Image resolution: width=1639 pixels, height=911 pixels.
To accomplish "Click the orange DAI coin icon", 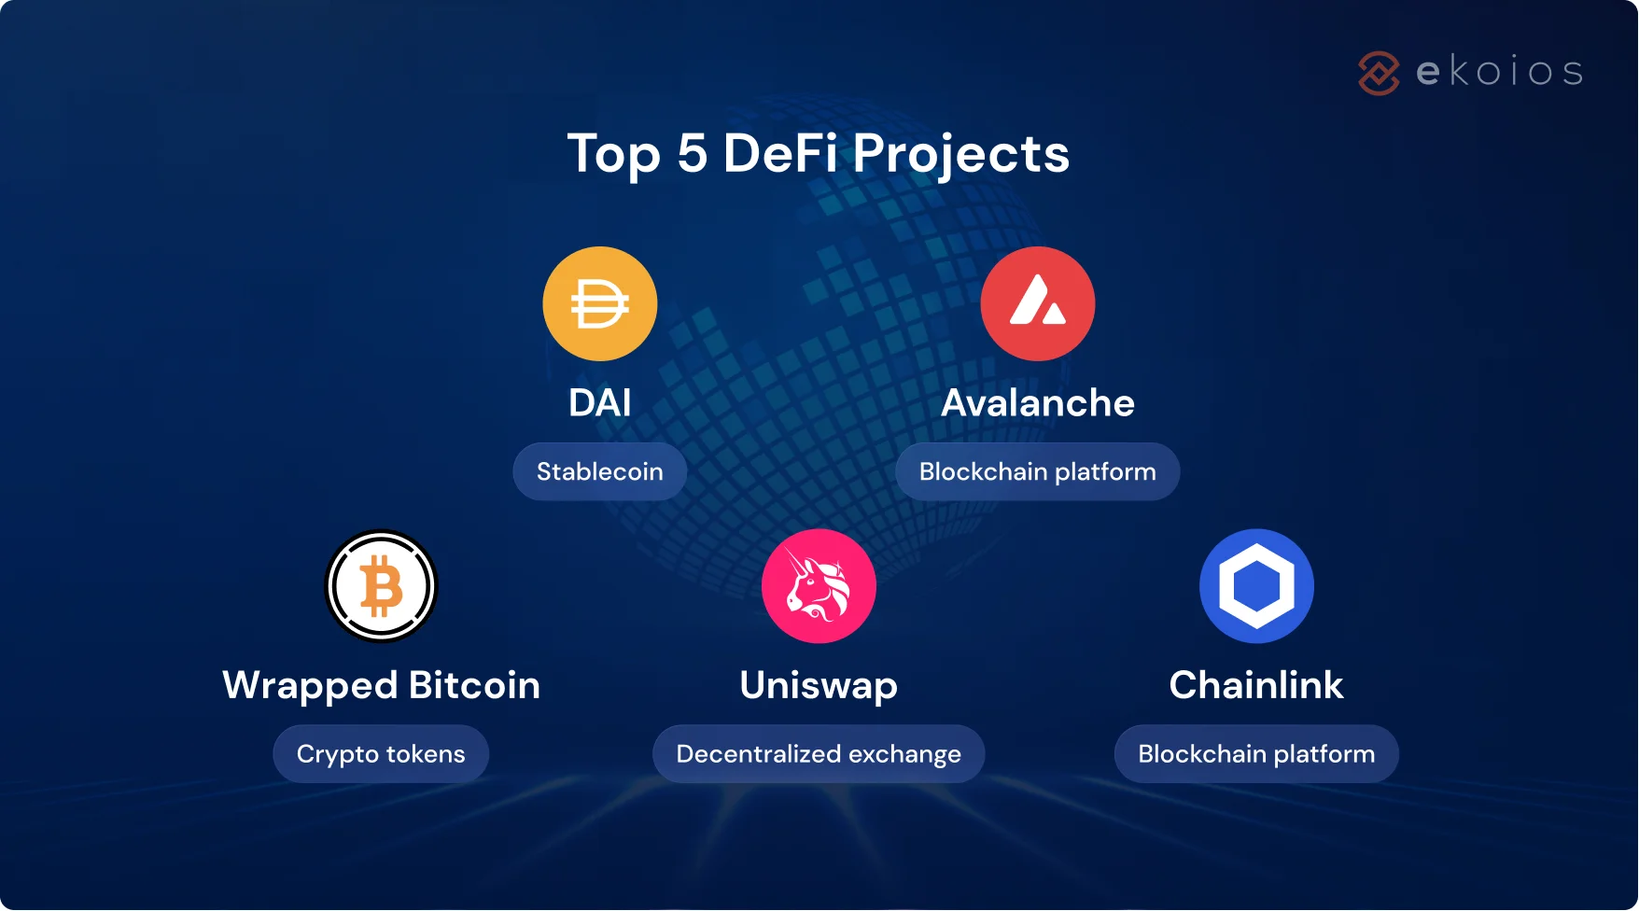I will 600,304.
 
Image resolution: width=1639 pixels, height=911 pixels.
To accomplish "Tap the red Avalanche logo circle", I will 1038,304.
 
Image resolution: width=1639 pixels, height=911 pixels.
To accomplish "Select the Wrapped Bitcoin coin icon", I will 381,586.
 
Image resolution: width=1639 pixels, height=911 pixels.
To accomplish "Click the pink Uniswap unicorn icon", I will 819,586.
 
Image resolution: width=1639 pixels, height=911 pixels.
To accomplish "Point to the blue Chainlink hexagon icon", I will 1256,586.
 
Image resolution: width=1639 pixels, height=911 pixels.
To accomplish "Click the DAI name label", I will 600,403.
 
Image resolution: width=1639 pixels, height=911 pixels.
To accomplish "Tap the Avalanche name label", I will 1038,403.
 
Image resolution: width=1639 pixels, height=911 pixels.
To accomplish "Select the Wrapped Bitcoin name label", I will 381,686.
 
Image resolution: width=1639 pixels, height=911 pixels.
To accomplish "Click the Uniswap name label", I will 819,686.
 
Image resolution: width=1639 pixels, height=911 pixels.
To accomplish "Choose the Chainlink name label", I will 1256,686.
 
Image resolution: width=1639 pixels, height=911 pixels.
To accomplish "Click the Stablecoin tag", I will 600,472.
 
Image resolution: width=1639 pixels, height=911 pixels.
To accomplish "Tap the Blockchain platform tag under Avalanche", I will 1038,472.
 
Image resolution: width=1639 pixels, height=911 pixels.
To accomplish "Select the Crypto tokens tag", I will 381,754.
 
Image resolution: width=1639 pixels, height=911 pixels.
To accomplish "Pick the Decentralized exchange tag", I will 819,754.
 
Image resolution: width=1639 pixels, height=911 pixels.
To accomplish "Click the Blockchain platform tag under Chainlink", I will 1256,754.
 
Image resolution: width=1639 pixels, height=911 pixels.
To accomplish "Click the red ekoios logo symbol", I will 1379,73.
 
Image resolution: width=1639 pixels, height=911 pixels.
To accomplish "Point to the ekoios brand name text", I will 1500,72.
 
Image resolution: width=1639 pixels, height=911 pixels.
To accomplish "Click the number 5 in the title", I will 692,154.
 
